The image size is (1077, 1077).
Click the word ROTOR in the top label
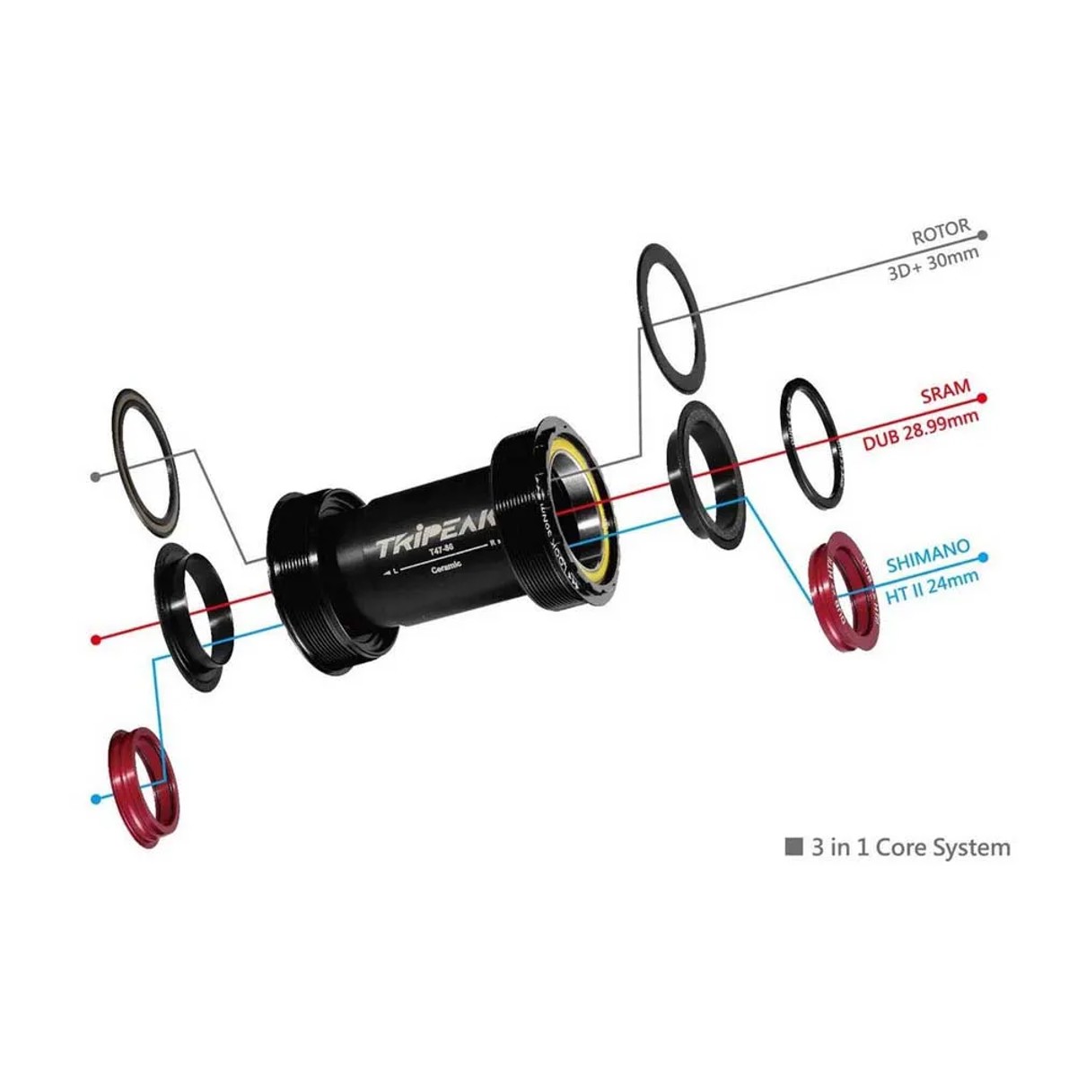[x=941, y=232]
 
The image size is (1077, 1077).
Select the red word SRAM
[x=945, y=392]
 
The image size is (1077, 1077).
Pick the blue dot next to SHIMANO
[x=984, y=557]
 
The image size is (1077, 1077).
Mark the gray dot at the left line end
[x=96, y=477]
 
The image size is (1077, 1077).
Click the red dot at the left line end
[x=96, y=640]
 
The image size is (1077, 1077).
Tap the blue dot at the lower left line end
[x=96, y=798]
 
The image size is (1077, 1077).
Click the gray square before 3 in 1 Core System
[x=793, y=846]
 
